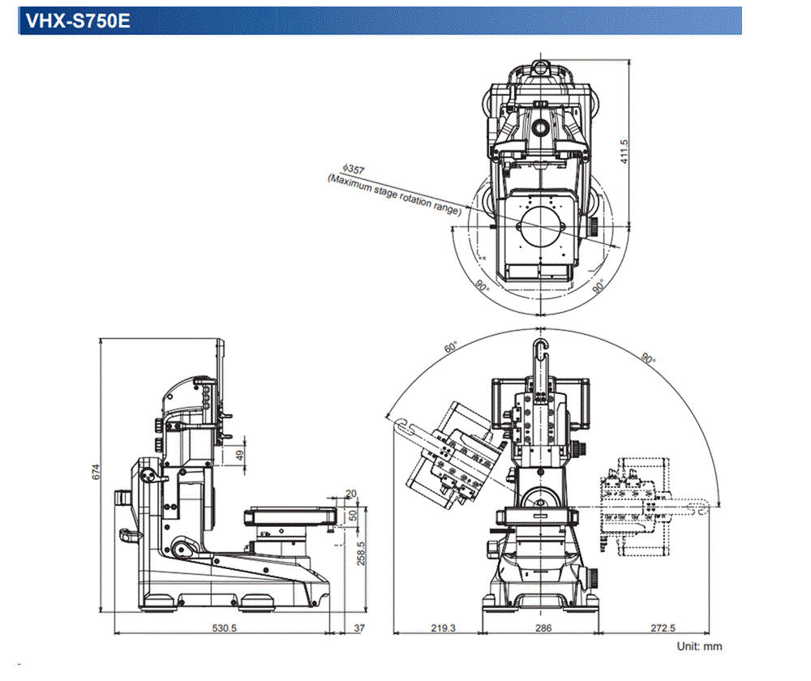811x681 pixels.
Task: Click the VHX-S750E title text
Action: [x=78, y=21]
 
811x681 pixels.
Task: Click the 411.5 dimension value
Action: [x=624, y=150]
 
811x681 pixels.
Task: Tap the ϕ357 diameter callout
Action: [x=354, y=168]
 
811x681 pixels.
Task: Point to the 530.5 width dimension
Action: [x=223, y=627]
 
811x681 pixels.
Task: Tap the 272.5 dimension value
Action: [x=663, y=627]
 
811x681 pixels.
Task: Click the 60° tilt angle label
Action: [x=451, y=347]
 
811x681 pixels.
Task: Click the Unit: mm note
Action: [x=699, y=646]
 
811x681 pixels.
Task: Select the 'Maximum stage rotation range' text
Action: [x=394, y=194]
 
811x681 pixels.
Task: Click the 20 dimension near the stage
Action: [x=350, y=493]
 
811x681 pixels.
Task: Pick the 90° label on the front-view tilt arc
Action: [x=646, y=359]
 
